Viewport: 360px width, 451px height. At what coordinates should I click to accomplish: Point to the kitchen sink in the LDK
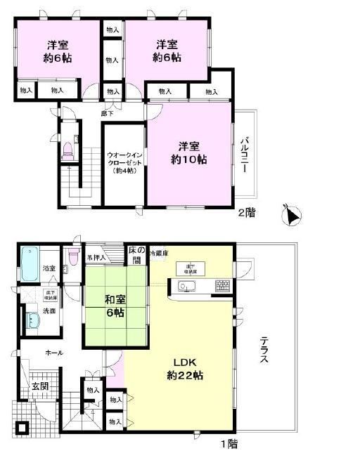(186, 286)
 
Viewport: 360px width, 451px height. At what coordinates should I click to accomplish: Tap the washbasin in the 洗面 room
(32, 321)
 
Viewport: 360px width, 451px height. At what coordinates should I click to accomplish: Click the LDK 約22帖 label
(186, 369)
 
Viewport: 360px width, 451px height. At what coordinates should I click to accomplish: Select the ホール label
(53, 353)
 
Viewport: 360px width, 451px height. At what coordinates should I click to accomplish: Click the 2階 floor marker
(245, 212)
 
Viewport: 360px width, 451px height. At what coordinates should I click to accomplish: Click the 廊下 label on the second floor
(107, 112)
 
